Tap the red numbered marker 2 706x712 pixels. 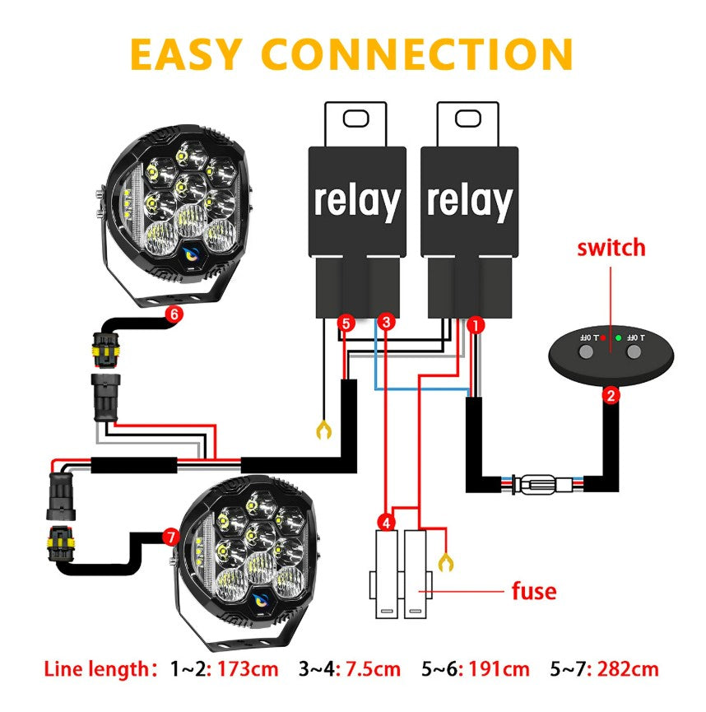point(610,396)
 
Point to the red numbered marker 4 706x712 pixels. point(386,521)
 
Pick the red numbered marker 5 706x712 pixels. point(346,323)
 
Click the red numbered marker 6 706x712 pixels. point(173,314)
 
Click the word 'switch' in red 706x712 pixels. point(611,247)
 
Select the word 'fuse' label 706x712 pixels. point(534,591)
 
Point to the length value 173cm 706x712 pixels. point(248,668)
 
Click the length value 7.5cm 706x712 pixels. point(374,668)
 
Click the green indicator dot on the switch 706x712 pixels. point(616,337)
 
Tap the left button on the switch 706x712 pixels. point(586,352)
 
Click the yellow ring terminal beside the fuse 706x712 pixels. point(447,562)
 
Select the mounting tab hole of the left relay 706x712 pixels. point(357,119)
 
